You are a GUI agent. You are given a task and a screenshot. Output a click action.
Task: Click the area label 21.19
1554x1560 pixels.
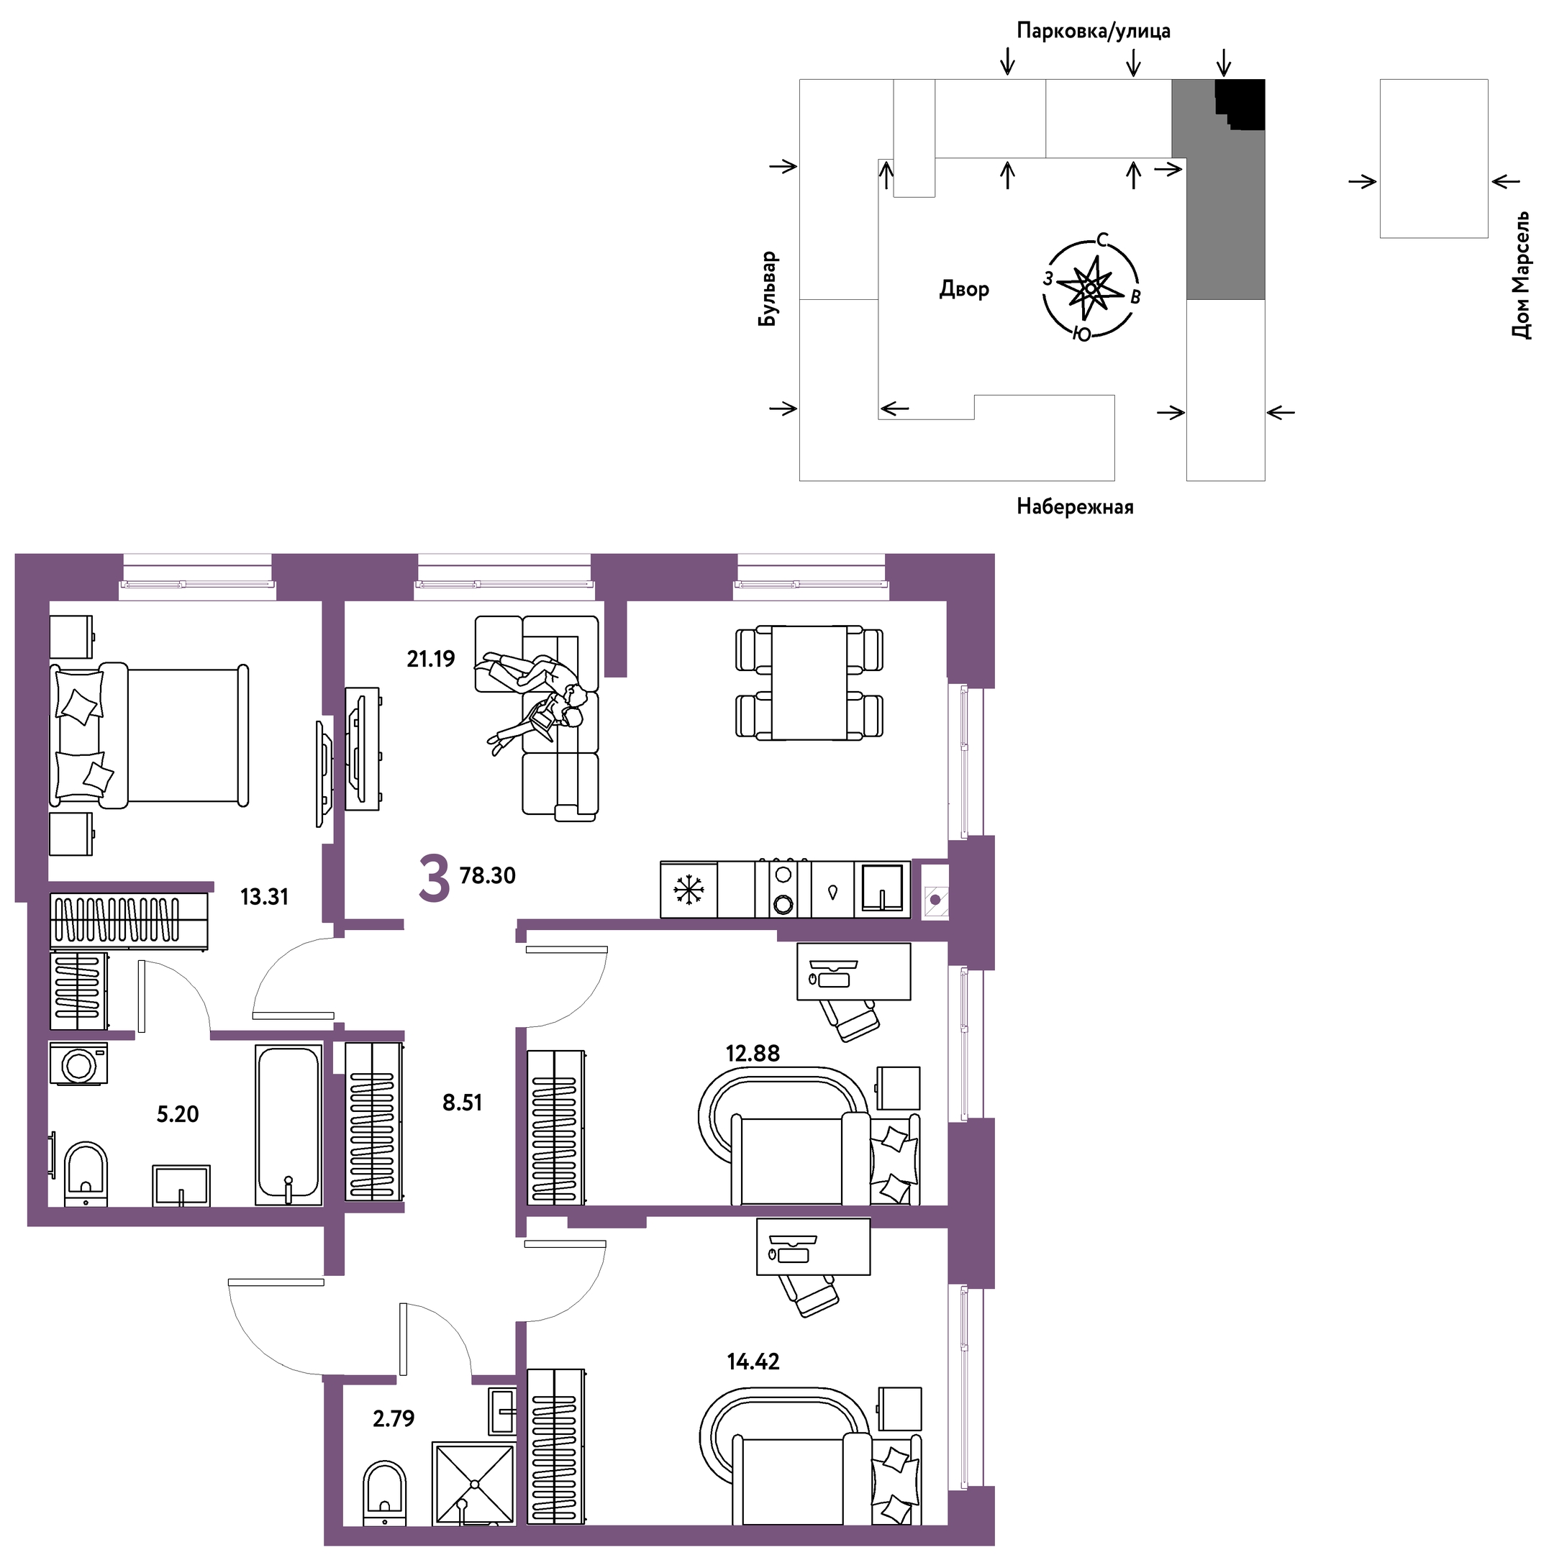click(x=432, y=660)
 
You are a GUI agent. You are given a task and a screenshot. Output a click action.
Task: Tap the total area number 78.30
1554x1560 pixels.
click(x=488, y=876)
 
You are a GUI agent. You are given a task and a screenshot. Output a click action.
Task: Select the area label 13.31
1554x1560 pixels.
click(x=264, y=897)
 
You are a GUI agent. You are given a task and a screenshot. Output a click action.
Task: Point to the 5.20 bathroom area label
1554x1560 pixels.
click(x=178, y=1115)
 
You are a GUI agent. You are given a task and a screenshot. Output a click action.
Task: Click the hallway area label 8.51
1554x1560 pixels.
click(x=463, y=1104)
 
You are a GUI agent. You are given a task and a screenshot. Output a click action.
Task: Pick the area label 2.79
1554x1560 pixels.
click(x=394, y=1420)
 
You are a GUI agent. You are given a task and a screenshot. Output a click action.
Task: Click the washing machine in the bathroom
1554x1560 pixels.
click(x=79, y=1065)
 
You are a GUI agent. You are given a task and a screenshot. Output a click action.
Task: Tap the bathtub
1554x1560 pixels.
click(x=289, y=1126)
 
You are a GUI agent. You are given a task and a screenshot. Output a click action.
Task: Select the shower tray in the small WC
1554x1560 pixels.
click(x=474, y=1484)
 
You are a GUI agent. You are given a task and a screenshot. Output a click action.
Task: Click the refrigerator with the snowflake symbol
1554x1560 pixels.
click(x=689, y=890)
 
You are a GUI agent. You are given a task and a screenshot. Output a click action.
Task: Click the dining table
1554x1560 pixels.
click(x=810, y=683)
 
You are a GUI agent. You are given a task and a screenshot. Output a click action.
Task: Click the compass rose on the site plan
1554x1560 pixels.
click(x=1091, y=288)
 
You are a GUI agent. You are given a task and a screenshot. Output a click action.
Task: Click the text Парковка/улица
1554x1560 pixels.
click(x=1094, y=32)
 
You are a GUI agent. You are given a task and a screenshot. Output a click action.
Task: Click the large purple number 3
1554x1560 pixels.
click(x=435, y=880)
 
